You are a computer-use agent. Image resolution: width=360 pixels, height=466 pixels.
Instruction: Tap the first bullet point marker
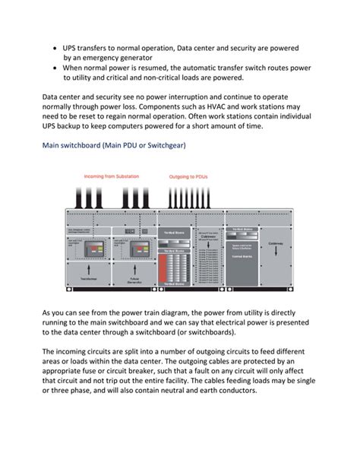click(55, 48)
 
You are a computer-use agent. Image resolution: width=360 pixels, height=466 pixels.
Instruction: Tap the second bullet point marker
click(55, 68)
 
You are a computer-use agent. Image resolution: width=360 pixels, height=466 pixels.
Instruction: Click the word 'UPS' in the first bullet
click(72, 48)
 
